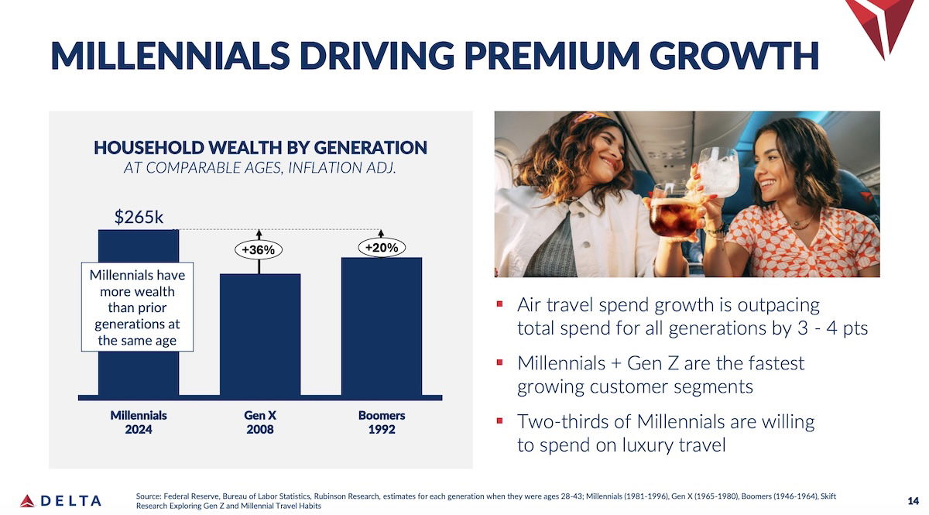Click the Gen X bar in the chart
[260, 335]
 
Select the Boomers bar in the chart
[382, 326]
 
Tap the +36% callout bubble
[259, 250]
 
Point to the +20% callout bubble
[382, 247]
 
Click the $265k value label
[139, 217]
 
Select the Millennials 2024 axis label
[139, 422]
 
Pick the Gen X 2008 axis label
[260, 422]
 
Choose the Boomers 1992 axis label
[382, 422]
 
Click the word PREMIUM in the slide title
[551, 56]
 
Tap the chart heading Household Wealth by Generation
[260, 148]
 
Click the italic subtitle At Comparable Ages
[260, 167]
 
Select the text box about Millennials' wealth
[137, 307]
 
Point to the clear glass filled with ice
[718, 173]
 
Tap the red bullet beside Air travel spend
[500, 304]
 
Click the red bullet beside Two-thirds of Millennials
[500, 421]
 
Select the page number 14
[913, 501]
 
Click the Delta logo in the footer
[60, 500]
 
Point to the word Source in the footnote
[148, 496]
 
